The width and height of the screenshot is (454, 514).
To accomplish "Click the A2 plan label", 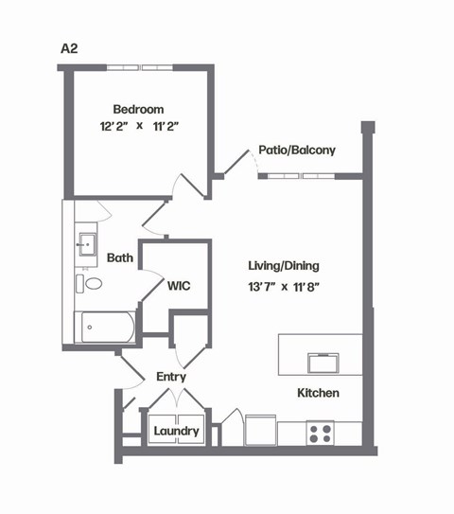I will point(67,47).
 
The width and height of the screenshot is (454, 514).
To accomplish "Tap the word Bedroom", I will point(139,108).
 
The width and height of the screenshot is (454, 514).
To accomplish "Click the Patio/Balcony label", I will point(296,150).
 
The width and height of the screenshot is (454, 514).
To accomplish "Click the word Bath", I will point(119,257).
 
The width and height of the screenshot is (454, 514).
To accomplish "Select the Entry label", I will point(170,377).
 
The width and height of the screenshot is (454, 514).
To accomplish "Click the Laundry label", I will point(177,432).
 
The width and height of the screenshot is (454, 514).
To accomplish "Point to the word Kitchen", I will point(318,392).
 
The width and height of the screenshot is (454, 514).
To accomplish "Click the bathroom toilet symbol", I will point(93,283).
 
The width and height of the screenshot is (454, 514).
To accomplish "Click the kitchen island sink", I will point(323,362).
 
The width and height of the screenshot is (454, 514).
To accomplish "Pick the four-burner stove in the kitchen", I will point(320,433).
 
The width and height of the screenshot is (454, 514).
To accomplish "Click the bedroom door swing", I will point(190,185).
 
